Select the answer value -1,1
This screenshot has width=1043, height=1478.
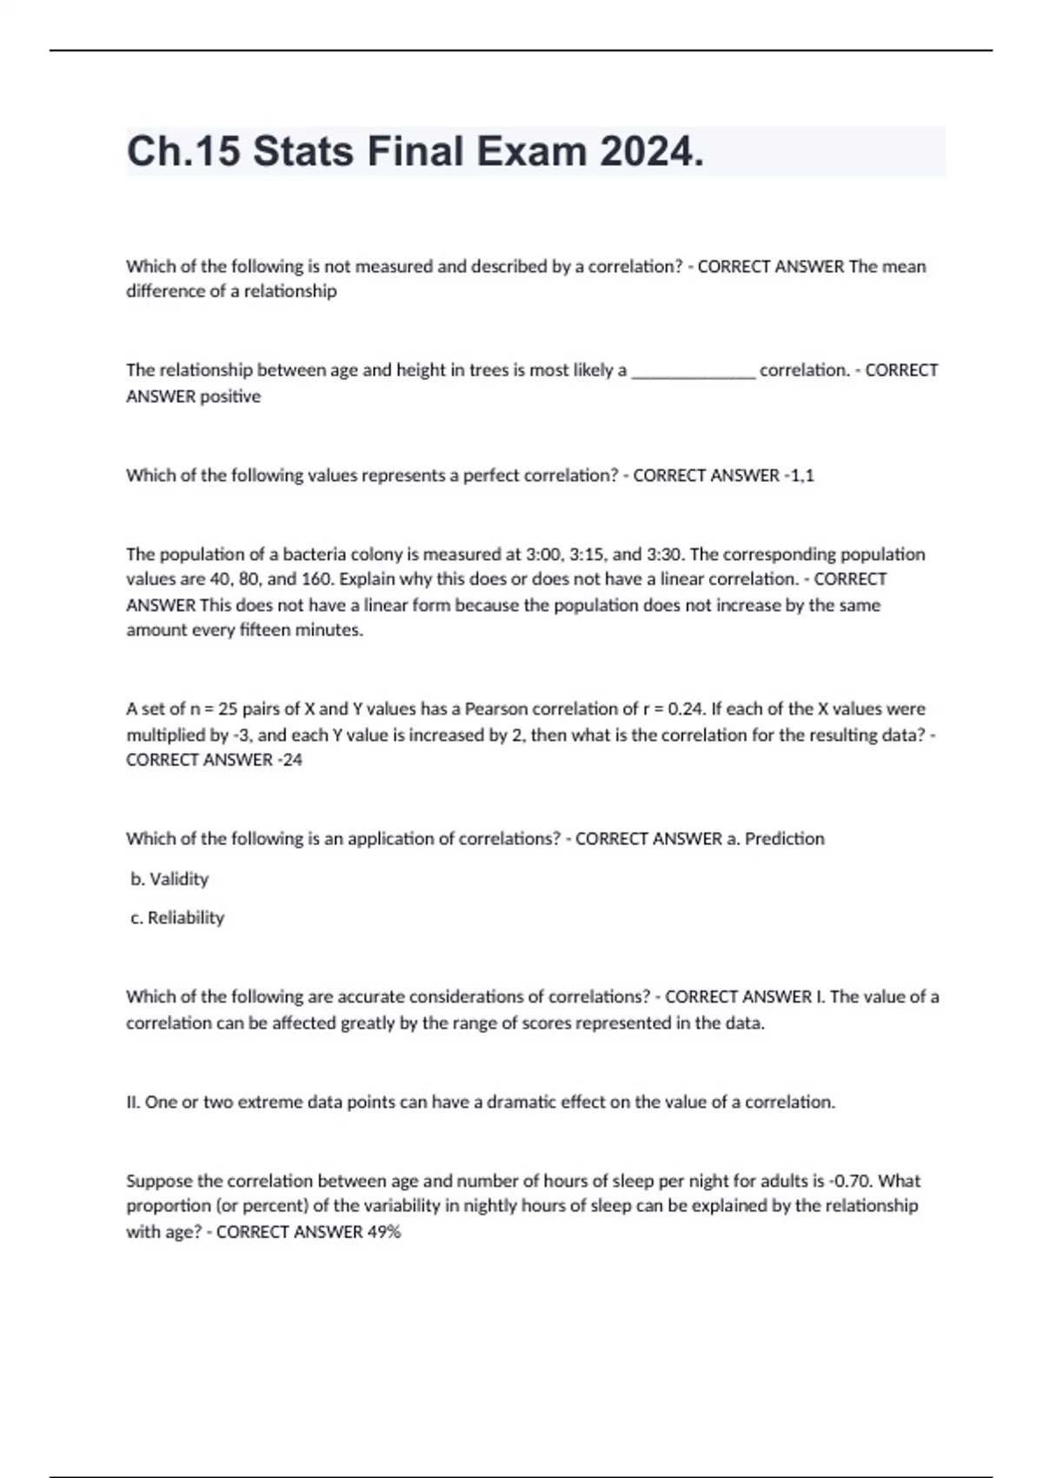click(799, 476)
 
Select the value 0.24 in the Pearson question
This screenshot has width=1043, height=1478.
click(686, 709)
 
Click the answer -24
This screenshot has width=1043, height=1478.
click(289, 760)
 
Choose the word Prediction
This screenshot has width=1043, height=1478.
click(784, 839)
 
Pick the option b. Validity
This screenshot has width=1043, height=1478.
click(169, 879)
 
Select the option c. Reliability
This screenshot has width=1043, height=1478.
click(177, 917)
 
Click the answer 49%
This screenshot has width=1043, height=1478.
click(383, 1232)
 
